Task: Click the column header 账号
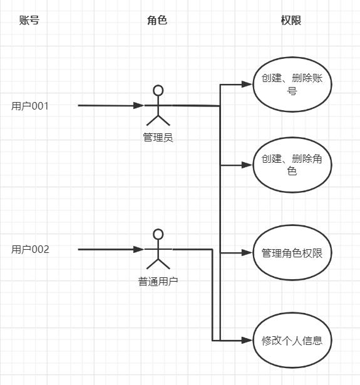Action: [x=29, y=20]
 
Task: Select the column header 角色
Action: [x=157, y=20]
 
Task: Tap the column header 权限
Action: [x=291, y=20]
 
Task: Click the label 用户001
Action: [x=30, y=106]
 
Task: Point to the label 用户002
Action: [x=30, y=250]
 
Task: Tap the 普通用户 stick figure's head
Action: [x=158, y=234]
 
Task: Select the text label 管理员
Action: [x=158, y=137]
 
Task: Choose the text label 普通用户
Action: [x=158, y=281]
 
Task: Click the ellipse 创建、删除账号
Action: [x=292, y=84]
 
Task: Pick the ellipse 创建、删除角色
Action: [x=292, y=165]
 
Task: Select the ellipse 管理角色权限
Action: [x=292, y=253]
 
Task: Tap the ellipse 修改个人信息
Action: [x=292, y=341]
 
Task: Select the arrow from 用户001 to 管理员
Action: [x=110, y=106]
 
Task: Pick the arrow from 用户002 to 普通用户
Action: [x=110, y=250]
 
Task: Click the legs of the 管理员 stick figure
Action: [x=158, y=120]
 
